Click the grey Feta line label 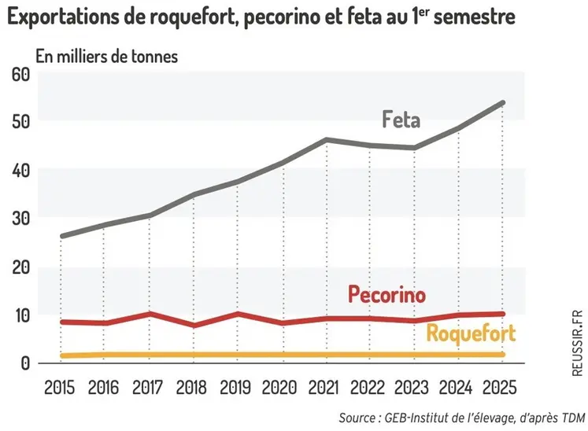pyautogui.click(x=401, y=120)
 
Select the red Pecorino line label pyautogui.click(x=386, y=295)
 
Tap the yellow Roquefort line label pyautogui.click(x=471, y=333)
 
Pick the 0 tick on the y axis pyautogui.click(x=24, y=363)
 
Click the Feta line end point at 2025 pyautogui.click(x=502, y=103)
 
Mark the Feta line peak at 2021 pyautogui.click(x=325, y=140)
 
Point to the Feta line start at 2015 pyautogui.click(x=61, y=236)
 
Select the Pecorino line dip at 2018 pyautogui.click(x=194, y=325)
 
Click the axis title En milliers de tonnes pyautogui.click(x=106, y=57)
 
